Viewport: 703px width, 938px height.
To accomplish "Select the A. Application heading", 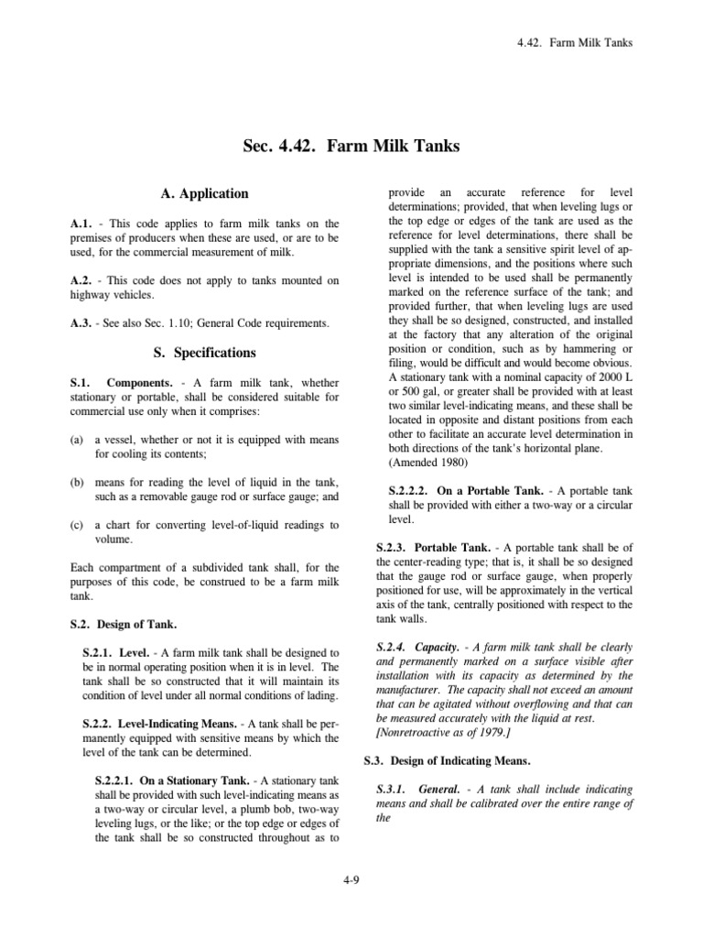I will click(x=204, y=194).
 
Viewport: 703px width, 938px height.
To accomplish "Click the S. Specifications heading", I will click(x=203, y=353).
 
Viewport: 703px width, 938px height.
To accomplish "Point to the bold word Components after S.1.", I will click(x=139, y=381).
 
